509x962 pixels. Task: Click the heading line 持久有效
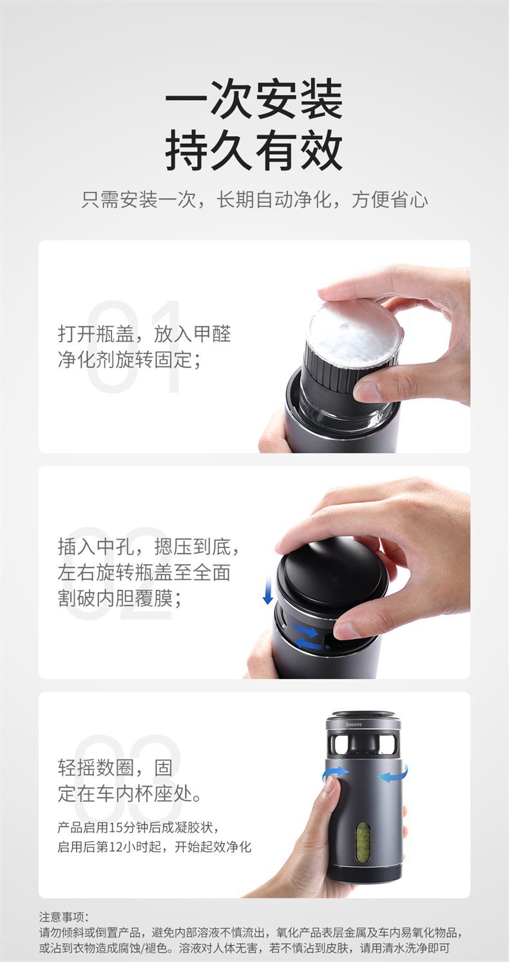(x=254, y=151)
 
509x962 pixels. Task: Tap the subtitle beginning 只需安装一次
(x=254, y=200)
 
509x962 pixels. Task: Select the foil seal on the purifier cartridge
(x=356, y=330)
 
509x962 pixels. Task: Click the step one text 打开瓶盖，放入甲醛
(x=144, y=334)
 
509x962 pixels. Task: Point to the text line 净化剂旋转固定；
(x=130, y=360)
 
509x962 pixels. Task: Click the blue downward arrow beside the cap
(x=268, y=591)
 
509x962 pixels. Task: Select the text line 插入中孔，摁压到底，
(x=149, y=547)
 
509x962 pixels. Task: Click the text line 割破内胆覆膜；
(x=120, y=598)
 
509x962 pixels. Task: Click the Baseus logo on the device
(x=354, y=724)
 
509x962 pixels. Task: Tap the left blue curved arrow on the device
(x=336, y=773)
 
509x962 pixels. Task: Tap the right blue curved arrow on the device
(x=392, y=774)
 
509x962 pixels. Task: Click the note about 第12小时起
(x=155, y=847)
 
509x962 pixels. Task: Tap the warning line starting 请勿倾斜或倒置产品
(x=251, y=932)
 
